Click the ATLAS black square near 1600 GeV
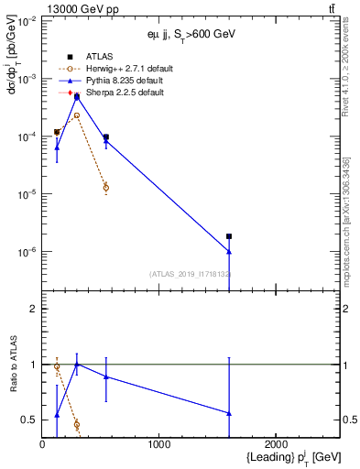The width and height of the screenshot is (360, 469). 229,236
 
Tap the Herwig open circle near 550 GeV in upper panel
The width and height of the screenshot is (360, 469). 106,188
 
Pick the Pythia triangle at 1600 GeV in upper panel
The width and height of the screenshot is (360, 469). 229,251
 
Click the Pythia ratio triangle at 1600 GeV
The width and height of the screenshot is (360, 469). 229,413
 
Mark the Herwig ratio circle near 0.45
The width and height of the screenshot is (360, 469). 77,425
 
